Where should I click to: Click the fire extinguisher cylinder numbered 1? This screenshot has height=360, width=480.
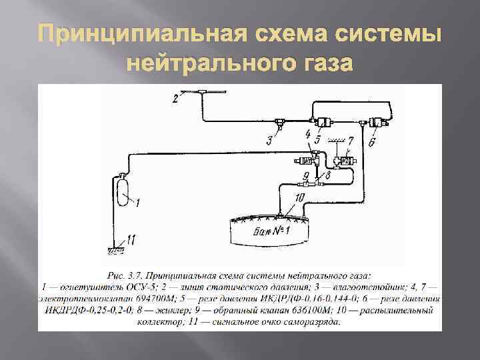click(123, 194)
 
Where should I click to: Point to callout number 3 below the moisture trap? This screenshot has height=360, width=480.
click(269, 140)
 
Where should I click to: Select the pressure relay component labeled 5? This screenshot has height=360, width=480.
click(325, 123)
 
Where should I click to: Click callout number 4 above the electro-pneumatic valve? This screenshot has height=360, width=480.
click(307, 135)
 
